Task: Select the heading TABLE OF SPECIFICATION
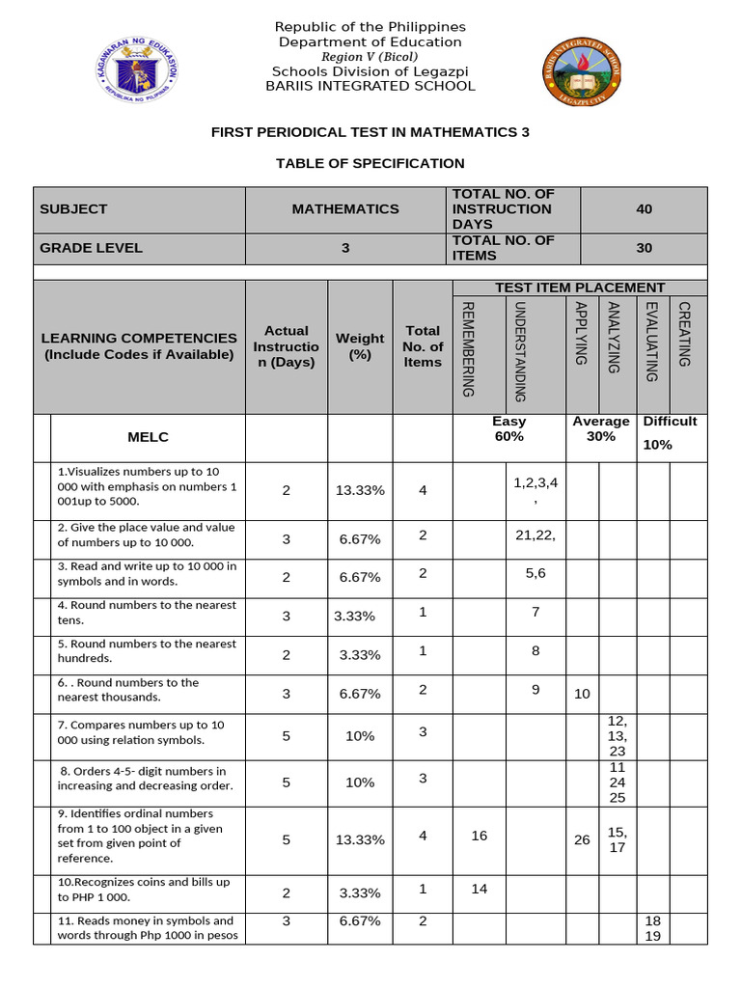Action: point(370,163)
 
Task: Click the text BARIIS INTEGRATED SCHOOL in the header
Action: point(370,86)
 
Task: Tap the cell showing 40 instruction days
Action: point(644,208)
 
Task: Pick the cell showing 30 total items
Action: point(644,248)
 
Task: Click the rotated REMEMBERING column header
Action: point(468,348)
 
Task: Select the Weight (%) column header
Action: point(360,345)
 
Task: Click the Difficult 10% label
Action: point(671,433)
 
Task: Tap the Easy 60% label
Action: point(508,428)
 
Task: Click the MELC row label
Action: point(148,437)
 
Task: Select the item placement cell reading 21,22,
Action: point(535,535)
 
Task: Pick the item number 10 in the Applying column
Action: point(582,694)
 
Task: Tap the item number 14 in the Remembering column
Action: point(480,889)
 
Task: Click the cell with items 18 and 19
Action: point(652,929)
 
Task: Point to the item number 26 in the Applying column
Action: point(582,839)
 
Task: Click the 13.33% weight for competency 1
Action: point(360,490)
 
